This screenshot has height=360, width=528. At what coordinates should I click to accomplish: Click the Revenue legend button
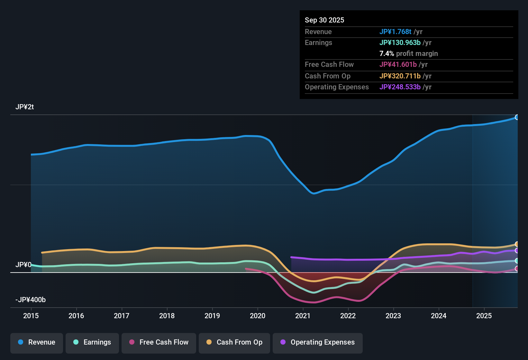37,342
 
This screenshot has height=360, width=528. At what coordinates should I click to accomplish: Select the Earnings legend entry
92,342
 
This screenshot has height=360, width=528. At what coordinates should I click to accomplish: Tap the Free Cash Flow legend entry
159,342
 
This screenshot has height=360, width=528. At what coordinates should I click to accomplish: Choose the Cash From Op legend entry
234,342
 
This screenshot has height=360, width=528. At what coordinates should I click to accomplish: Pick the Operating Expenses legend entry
318,342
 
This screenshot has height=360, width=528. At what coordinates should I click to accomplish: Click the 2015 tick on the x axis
31,316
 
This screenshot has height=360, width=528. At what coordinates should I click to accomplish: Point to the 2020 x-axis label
258,316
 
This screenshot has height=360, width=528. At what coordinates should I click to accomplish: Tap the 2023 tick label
393,316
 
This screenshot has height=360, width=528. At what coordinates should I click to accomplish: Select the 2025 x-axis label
484,316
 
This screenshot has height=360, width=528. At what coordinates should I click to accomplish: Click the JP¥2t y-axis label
24,107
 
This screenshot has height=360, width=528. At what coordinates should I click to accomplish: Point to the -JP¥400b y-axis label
31,300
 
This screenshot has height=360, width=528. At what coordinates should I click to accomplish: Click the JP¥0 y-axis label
23,265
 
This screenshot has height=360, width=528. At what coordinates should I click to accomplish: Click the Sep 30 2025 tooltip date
324,20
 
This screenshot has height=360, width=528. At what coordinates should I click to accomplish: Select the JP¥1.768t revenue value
395,32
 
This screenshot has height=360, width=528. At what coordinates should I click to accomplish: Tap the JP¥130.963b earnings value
400,42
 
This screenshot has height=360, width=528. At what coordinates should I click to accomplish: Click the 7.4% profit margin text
408,53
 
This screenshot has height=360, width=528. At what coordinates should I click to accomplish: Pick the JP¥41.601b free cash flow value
398,64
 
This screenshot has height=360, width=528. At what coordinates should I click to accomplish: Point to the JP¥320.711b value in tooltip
400,76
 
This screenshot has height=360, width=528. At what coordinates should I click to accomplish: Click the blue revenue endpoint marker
517,117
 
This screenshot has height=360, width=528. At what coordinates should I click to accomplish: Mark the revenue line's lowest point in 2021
314,194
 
